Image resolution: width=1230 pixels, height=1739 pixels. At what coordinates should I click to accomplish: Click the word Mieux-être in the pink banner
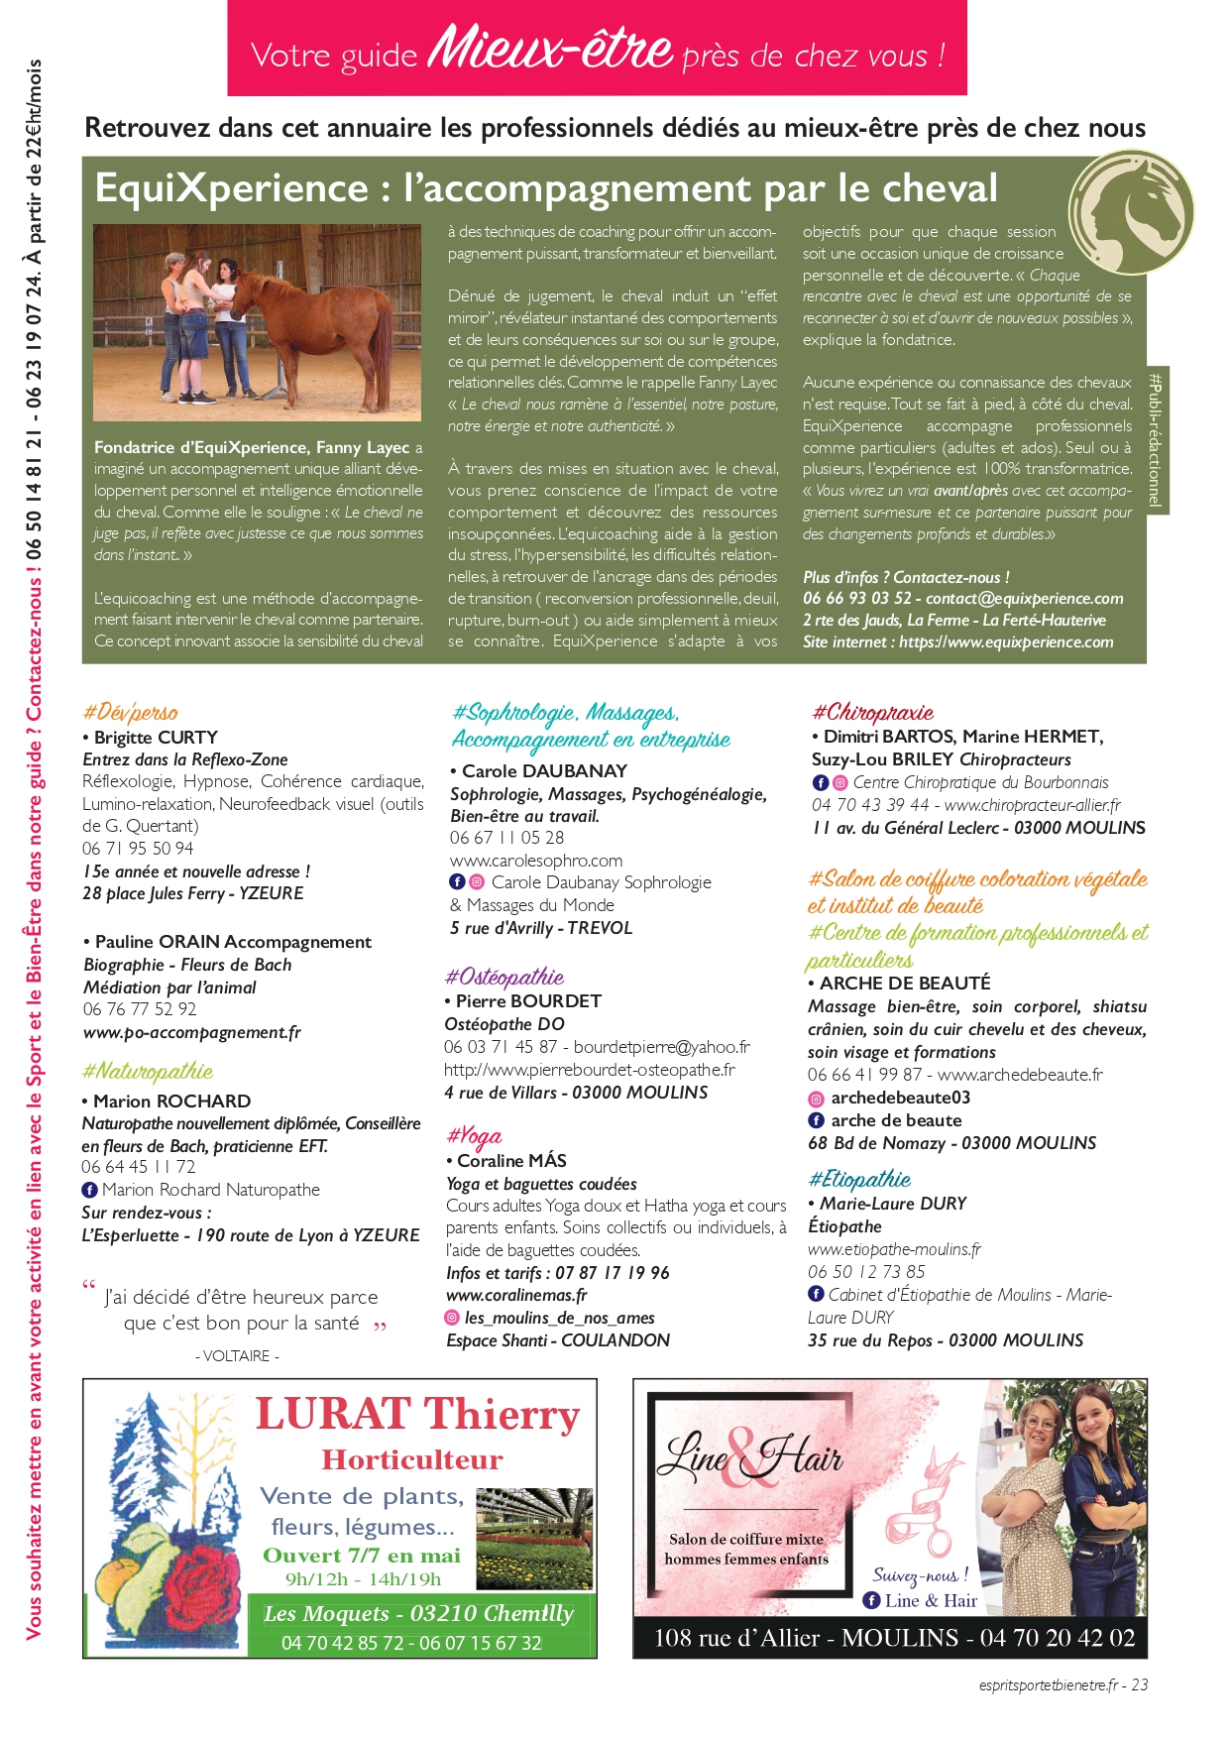pyautogui.click(x=550, y=47)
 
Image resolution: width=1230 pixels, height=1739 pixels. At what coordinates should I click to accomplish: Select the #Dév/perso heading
pyautogui.click(x=130, y=712)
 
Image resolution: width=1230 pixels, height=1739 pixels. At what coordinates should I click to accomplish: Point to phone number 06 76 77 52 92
pyautogui.click(x=140, y=1009)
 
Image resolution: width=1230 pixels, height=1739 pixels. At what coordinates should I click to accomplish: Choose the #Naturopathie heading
pyautogui.click(x=147, y=1072)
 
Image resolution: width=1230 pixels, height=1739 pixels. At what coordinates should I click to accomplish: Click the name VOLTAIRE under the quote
pyautogui.click(x=237, y=1355)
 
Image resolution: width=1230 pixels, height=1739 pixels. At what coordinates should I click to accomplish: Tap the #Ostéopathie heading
pyautogui.click(x=504, y=977)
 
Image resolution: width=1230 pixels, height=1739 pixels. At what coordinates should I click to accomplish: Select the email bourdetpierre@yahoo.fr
pyautogui.click(x=661, y=1047)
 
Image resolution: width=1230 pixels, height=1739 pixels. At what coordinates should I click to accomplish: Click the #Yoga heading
pyautogui.click(x=475, y=1136)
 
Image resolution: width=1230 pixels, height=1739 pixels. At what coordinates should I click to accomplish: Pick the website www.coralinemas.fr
pyautogui.click(x=516, y=1295)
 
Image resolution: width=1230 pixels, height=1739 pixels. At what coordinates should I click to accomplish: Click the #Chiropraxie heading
pyautogui.click(x=872, y=712)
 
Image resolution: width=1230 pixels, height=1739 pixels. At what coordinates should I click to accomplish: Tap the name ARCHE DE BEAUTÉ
pyautogui.click(x=905, y=983)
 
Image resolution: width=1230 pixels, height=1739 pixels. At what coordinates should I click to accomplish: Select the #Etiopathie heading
pyautogui.click(x=859, y=1179)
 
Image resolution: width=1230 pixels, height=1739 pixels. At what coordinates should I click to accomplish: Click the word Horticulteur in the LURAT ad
pyautogui.click(x=412, y=1459)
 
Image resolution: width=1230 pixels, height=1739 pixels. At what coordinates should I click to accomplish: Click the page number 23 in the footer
pyautogui.click(x=1139, y=1684)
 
